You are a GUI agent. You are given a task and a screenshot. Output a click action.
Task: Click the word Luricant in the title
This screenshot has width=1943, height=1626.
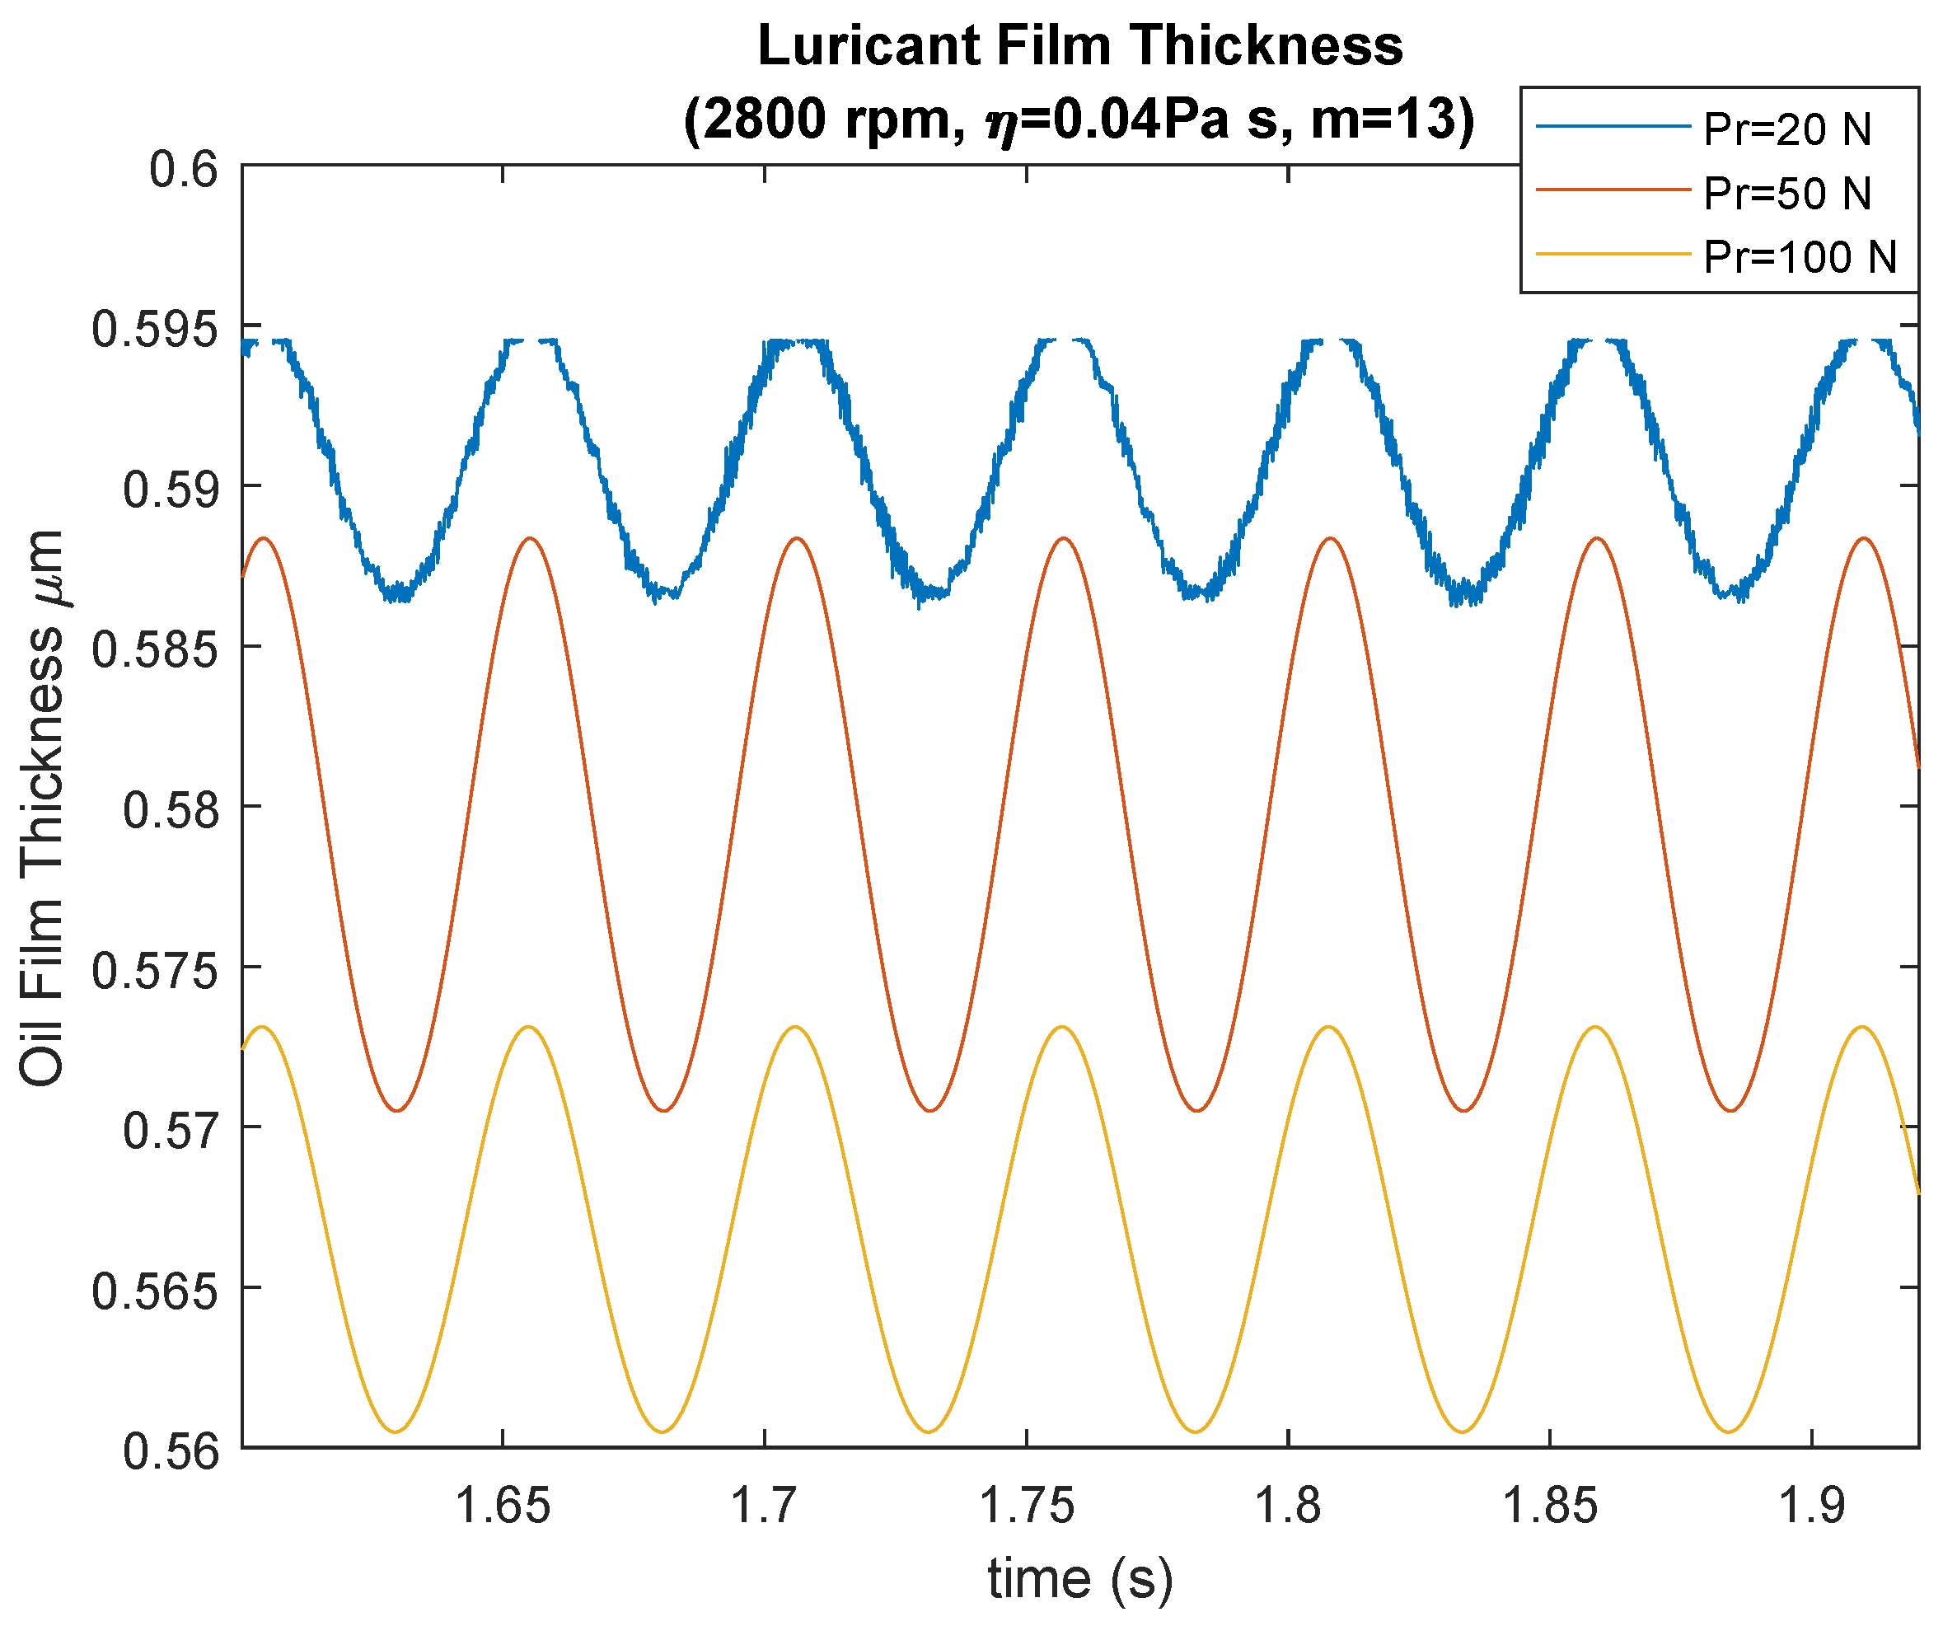(x=867, y=46)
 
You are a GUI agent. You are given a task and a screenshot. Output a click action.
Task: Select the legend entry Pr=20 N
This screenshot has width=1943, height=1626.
(x=1786, y=129)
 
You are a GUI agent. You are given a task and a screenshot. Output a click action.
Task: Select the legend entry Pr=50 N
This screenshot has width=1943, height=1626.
(x=1786, y=194)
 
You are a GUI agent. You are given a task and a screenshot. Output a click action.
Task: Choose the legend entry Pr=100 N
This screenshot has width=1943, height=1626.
(x=1800, y=257)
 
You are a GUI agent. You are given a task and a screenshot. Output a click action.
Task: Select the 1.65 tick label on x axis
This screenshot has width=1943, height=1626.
(x=503, y=1507)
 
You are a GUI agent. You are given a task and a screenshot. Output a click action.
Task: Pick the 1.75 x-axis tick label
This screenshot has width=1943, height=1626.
(x=1026, y=1507)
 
